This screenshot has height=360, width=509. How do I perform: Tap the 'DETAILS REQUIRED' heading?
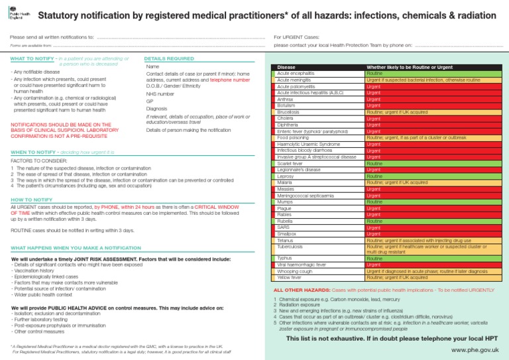[169, 59]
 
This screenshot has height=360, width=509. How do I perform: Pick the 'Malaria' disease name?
[286, 182]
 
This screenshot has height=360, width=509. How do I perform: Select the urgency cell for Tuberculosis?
[431, 249]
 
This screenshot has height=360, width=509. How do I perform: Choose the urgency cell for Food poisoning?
[431, 137]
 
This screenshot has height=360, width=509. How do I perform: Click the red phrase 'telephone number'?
[229, 80]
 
